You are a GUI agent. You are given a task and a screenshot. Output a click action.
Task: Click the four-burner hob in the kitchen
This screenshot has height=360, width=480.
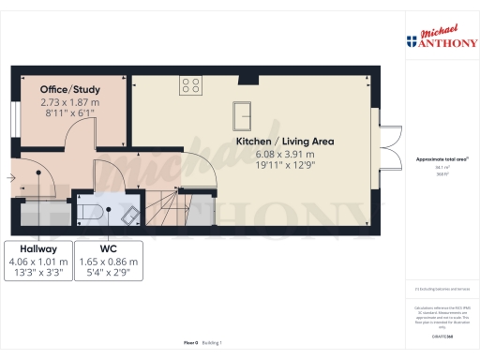point(190,85)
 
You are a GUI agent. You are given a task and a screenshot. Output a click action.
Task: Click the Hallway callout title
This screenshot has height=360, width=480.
point(31,250)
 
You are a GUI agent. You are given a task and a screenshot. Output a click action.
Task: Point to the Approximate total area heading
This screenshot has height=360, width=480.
point(437,160)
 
